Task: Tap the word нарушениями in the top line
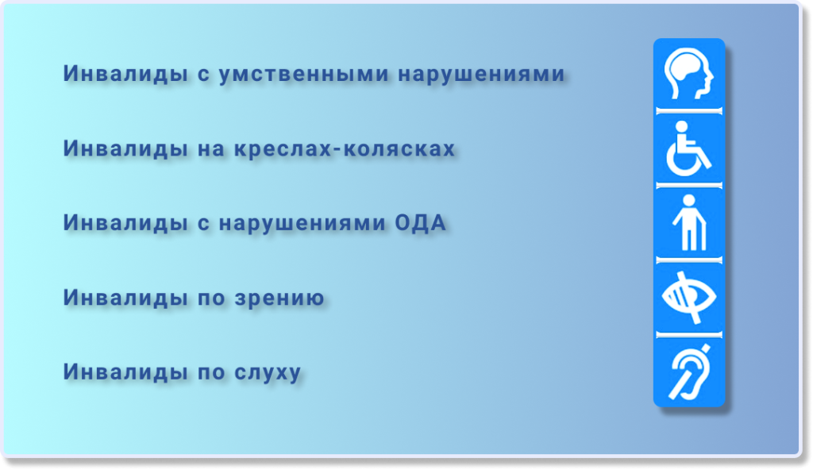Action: pyautogui.click(x=481, y=74)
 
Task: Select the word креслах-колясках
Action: pyautogui.click(x=345, y=148)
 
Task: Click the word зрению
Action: pyautogui.click(x=279, y=299)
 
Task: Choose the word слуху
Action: pyautogui.click(x=268, y=373)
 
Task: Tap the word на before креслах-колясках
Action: pyautogui.click(x=211, y=149)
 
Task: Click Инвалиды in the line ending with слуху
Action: pyautogui.click(x=125, y=372)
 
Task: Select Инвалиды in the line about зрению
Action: pyautogui.click(x=125, y=298)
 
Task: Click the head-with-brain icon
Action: pyautogui.click(x=688, y=73)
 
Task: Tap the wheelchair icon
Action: pyautogui.click(x=688, y=149)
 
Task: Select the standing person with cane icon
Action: pyautogui.click(x=689, y=222)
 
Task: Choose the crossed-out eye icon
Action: pyautogui.click(x=688, y=297)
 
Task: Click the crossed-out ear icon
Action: pyautogui.click(x=689, y=372)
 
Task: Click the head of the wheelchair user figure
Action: pyautogui.click(x=682, y=126)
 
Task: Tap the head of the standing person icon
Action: pyautogui.click(x=689, y=201)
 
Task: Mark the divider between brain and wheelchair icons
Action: pyautogui.click(x=688, y=110)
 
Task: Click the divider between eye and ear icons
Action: pyautogui.click(x=688, y=334)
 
